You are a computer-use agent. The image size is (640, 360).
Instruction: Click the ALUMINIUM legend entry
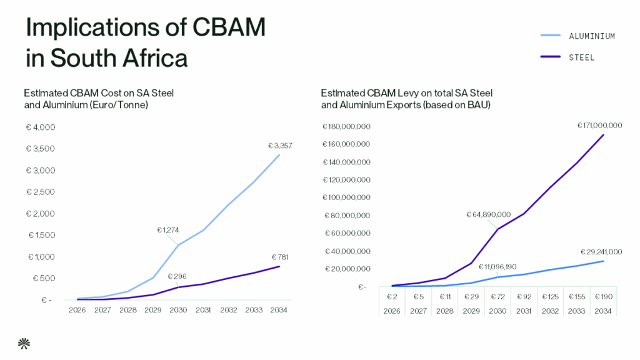591,36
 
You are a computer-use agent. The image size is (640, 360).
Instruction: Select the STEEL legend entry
581,57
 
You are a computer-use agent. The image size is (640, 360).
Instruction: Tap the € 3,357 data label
280,146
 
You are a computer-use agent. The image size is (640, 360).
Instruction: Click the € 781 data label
279,257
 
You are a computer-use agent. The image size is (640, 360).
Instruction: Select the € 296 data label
177,276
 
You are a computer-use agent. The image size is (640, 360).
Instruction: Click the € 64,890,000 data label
488,214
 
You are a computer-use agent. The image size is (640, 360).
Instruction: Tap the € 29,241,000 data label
599,251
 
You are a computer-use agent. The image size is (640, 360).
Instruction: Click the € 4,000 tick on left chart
41,127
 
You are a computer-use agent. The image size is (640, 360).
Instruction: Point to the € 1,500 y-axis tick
41,235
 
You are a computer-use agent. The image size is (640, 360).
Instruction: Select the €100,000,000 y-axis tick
346,197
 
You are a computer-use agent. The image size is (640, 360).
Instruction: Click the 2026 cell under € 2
392,310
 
